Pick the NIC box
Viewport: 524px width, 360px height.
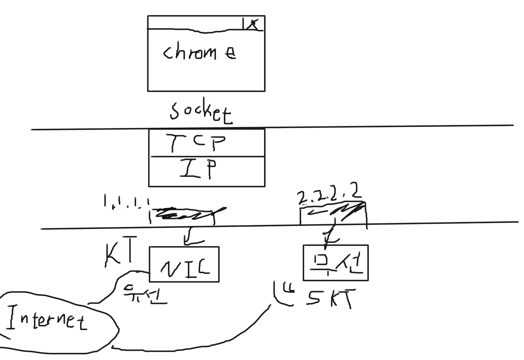pyautogui.click(x=184, y=264)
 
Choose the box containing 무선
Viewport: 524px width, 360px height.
pyautogui.click(x=335, y=263)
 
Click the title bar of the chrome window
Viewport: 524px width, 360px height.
pyautogui.click(x=195, y=23)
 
